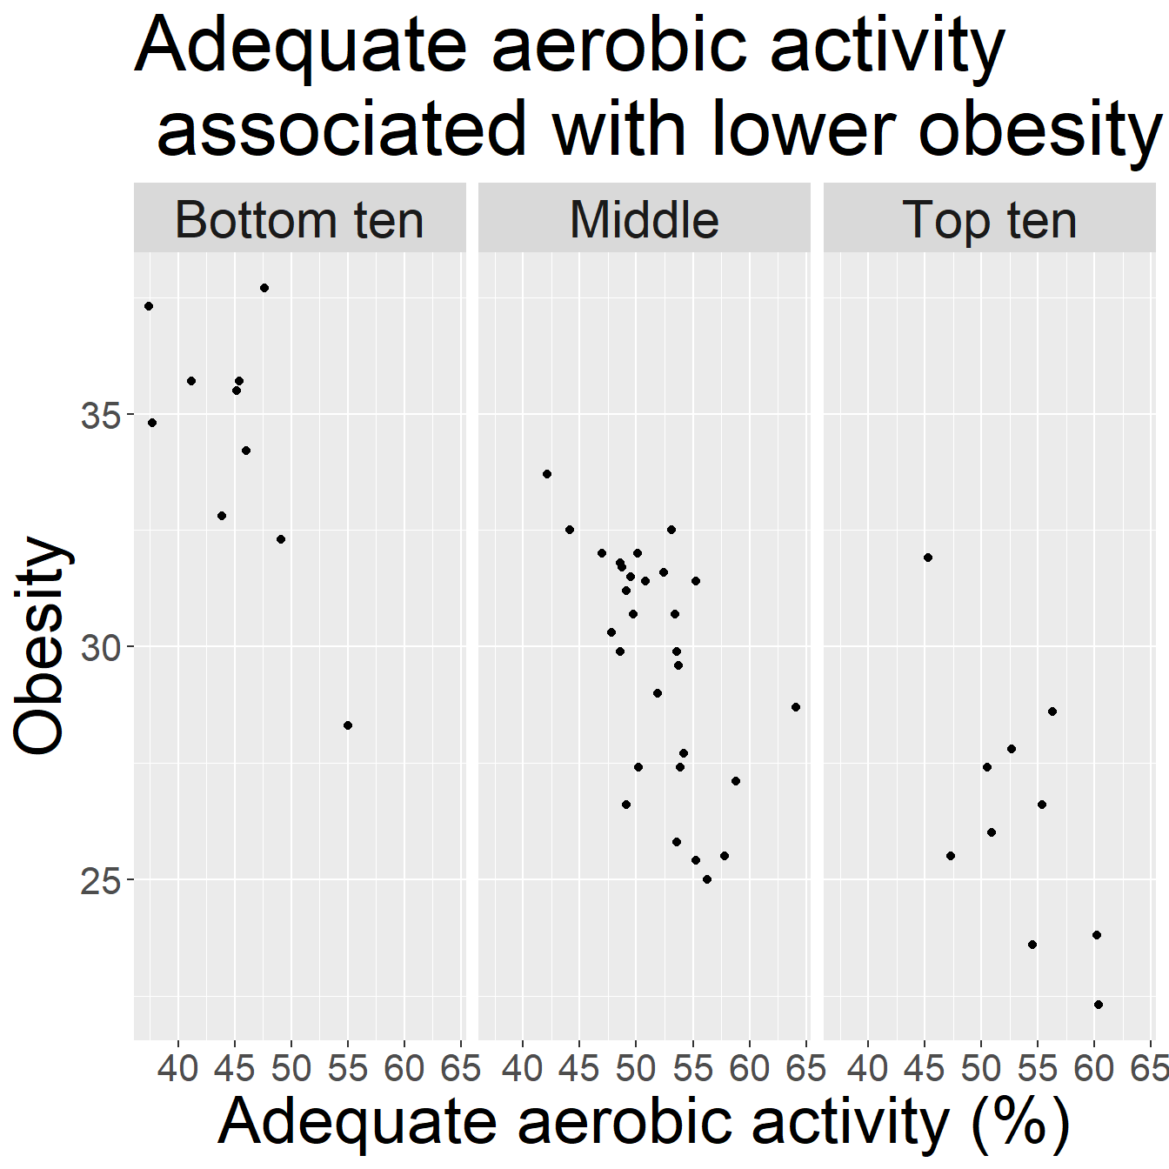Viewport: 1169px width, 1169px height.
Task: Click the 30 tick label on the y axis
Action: pos(100,648)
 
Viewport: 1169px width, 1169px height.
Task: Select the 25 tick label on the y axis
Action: pos(100,881)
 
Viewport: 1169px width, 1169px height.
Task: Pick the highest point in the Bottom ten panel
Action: pos(264,288)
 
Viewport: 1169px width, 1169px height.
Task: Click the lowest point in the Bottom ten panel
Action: pos(348,725)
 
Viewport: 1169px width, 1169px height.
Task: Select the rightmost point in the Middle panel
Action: pos(796,707)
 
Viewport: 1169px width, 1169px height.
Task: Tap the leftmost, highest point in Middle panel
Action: pos(547,474)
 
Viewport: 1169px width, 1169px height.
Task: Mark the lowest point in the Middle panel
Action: pos(707,879)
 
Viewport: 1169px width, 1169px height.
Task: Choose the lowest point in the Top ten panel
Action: pos(1098,1005)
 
